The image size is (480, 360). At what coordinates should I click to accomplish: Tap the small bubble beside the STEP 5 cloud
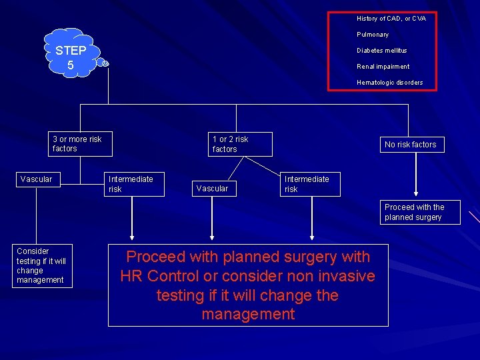click(x=105, y=63)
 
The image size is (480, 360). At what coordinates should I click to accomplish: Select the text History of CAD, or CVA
click(x=391, y=19)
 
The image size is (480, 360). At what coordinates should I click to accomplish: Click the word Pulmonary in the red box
click(x=373, y=35)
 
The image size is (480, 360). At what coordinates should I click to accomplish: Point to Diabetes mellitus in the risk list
click(x=381, y=51)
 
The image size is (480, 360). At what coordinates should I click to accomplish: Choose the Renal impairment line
click(x=383, y=67)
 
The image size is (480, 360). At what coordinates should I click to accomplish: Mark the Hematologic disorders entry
click(x=389, y=83)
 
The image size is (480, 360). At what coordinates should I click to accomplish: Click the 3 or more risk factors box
click(x=80, y=144)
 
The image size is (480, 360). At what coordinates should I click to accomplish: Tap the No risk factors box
click(x=410, y=145)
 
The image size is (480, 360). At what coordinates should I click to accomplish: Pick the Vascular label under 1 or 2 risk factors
click(x=212, y=189)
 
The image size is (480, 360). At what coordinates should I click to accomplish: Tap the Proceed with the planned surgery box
click(x=420, y=213)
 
